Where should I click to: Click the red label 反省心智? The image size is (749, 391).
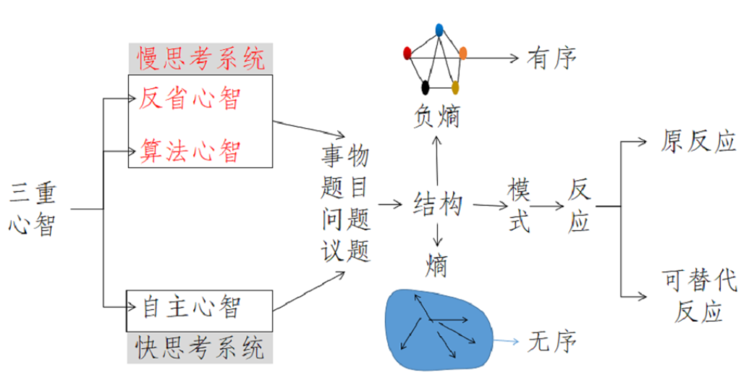190,98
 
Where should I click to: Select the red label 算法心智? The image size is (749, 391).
190,151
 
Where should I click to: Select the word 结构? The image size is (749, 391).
438,205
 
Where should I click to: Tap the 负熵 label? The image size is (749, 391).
437,116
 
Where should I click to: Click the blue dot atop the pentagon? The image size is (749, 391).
439,30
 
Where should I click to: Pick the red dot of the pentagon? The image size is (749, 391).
407,52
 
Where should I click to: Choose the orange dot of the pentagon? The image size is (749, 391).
463,52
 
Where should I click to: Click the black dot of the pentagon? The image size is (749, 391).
426,88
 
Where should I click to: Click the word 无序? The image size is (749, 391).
552,340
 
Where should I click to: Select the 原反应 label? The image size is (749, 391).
698,141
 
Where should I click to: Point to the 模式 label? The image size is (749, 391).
518,206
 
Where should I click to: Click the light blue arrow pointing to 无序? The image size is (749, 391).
506,340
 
